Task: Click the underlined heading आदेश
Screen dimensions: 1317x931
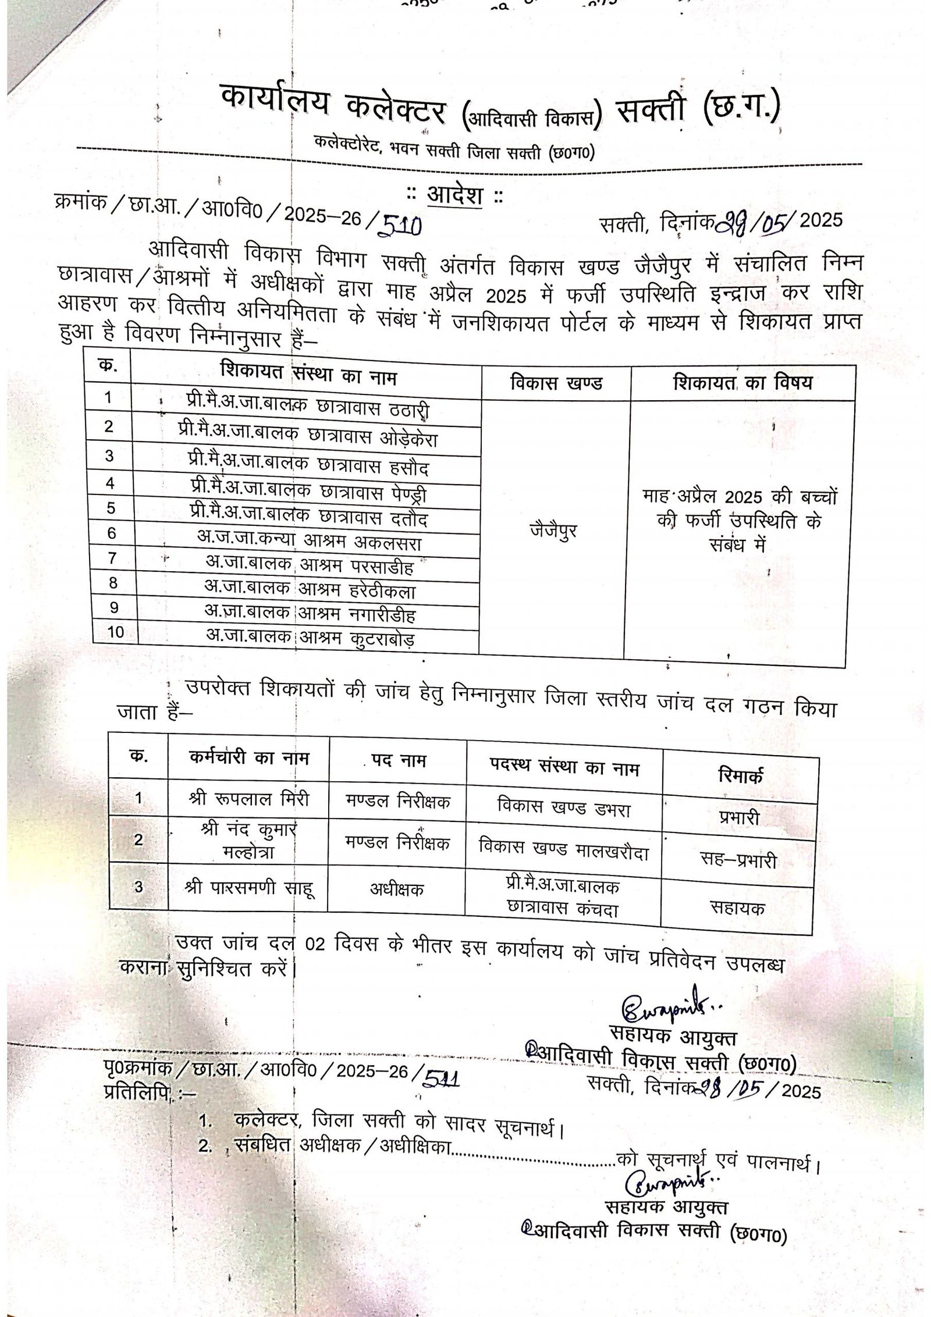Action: pos(455,196)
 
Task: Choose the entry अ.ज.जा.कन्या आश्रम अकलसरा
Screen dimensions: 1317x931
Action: pos(309,542)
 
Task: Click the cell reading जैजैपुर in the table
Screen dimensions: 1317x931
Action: pos(553,531)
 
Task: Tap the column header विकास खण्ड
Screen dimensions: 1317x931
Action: pos(556,383)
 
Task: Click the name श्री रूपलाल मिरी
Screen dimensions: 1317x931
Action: pos(249,799)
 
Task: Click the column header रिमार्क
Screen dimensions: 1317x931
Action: pos(741,775)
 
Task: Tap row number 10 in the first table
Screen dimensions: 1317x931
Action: pos(116,632)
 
